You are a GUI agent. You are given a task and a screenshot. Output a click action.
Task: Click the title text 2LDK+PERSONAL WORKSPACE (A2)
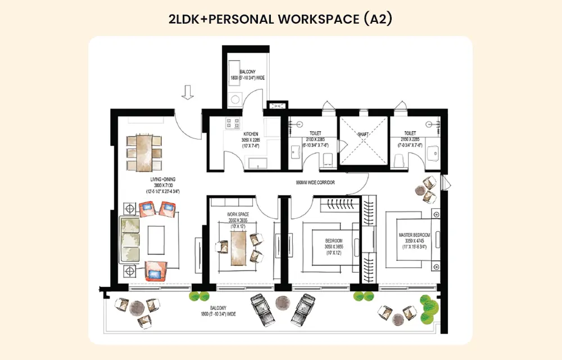click(280, 19)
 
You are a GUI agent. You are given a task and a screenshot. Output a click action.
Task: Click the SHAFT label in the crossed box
click(363, 134)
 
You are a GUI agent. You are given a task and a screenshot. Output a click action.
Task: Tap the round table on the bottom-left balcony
click(135, 308)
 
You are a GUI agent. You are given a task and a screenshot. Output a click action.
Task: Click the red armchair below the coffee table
click(155, 271)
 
